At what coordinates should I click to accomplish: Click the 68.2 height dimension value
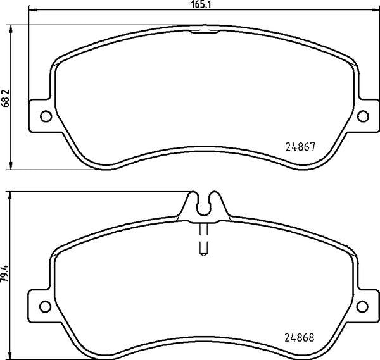coord(5,98)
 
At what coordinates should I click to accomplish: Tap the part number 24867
coord(300,147)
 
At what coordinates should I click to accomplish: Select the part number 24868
coord(300,337)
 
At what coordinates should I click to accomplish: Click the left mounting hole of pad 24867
coord(46,116)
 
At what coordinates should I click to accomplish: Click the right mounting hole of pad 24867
coord(363,116)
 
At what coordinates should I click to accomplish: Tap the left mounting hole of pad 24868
coord(45,306)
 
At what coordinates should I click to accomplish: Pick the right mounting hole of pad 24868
coord(362,306)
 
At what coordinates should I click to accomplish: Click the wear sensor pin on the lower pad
coord(203,239)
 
